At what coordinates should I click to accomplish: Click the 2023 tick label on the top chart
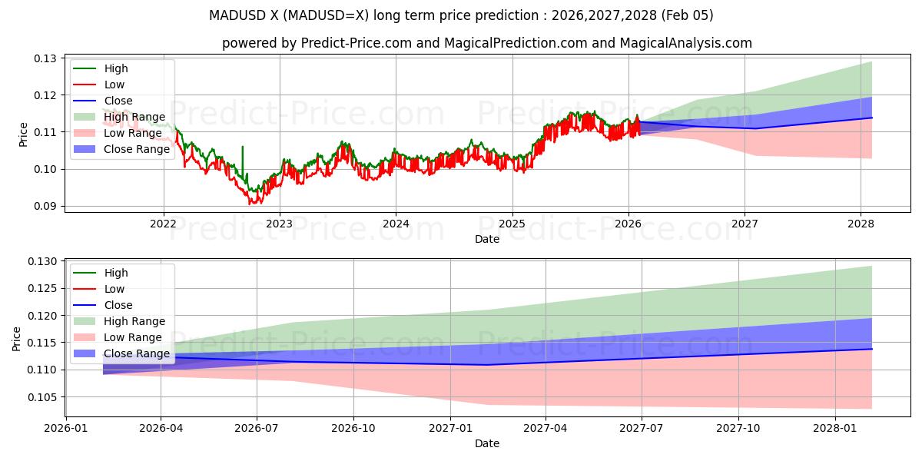click(279, 224)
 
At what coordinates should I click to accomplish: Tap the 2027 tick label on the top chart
click(745, 224)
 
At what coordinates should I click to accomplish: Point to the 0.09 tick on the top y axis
click(46, 206)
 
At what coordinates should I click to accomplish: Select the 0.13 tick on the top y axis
click(46, 58)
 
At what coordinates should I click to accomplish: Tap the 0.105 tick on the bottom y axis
click(44, 397)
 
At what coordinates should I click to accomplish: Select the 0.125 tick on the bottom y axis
click(44, 289)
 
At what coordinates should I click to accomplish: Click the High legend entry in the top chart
click(116, 68)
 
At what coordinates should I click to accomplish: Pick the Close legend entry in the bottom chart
click(118, 305)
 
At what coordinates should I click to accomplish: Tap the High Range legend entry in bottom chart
click(134, 321)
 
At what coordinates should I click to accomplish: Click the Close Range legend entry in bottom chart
click(137, 353)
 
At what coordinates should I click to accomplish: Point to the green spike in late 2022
click(243, 150)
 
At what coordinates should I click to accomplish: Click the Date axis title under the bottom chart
click(487, 443)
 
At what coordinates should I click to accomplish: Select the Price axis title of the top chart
click(24, 134)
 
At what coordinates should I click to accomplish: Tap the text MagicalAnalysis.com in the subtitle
click(687, 43)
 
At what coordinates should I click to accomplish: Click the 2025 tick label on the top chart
click(512, 224)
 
